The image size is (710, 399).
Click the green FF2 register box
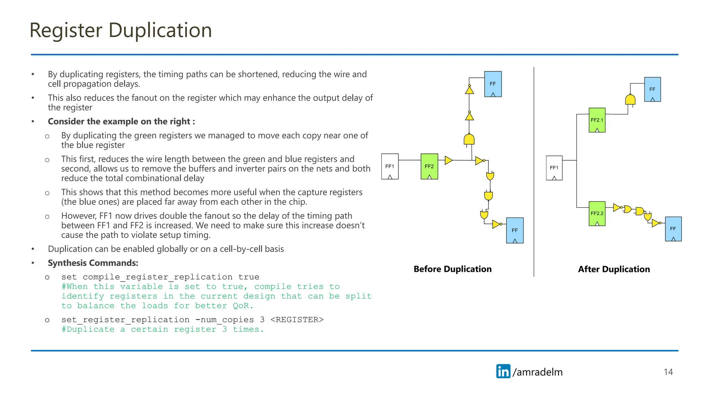pos(429,166)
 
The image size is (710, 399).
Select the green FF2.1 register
pos(597,120)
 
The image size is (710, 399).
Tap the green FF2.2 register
pos(597,213)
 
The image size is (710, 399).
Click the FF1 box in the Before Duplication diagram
pos(390,166)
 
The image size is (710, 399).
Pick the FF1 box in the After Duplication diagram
pos(554,168)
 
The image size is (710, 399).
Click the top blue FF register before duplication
pos(493,84)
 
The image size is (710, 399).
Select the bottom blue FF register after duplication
pos(673,229)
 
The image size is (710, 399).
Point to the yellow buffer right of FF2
pos(448,160)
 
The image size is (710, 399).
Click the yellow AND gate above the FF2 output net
pos(469,140)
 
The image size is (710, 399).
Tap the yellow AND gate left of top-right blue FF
pos(630,100)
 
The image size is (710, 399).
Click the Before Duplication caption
pos(452,269)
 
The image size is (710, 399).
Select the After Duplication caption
pos(614,269)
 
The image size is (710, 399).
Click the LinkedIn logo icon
pos(503,371)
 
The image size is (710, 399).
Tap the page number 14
pos(668,372)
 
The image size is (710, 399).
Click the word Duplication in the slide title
pos(160,30)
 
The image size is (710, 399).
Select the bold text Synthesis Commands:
pos(93,263)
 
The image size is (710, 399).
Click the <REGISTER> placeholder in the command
pos(297,319)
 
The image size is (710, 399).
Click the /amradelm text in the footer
pos(537,372)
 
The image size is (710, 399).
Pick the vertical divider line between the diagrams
pos(534,173)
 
